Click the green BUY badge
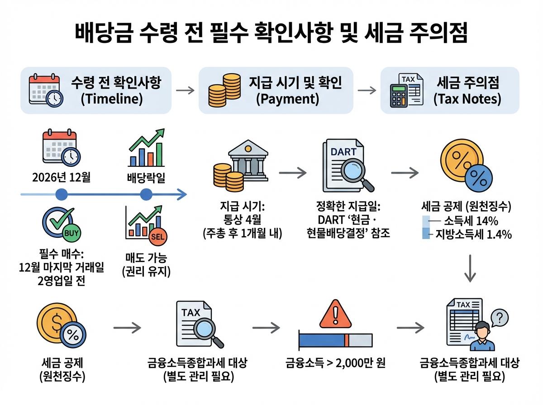pyautogui.click(x=72, y=234)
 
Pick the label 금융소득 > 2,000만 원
pyautogui.click(x=335, y=363)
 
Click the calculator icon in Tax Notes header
pyautogui.click(x=398, y=95)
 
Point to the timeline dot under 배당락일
pyautogui.click(x=146, y=195)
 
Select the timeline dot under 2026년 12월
pyautogui.click(x=61, y=195)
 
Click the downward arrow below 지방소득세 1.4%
pyautogui.click(x=471, y=269)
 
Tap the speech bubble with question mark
pyautogui.click(x=500, y=316)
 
